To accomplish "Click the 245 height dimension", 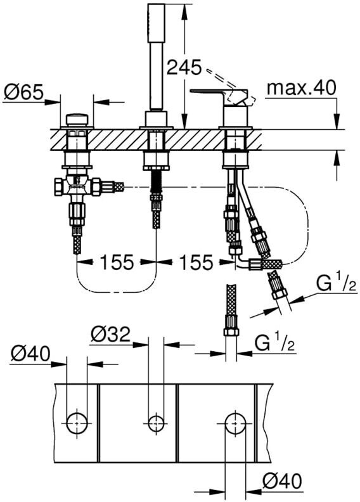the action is (x=184, y=68).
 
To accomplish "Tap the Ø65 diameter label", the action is (x=23, y=92).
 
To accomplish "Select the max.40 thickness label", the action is (x=302, y=87).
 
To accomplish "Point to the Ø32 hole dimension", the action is (x=110, y=335).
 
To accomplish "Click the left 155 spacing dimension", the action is (x=117, y=262).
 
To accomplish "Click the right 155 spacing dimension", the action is (x=196, y=262).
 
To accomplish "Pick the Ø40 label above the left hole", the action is (x=30, y=354).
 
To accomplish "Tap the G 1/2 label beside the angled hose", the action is (x=336, y=284).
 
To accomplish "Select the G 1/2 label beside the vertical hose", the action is (x=274, y=344).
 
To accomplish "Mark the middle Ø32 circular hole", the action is (x=156, y=423).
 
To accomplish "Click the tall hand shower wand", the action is (x=157, y=58).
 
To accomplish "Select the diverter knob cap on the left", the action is (x=77, y=120).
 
